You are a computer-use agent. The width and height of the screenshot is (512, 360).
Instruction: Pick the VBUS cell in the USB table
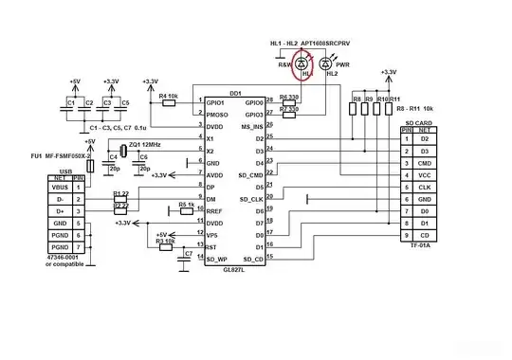click(59, 187)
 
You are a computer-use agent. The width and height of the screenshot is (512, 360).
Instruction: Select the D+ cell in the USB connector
click(59, 210)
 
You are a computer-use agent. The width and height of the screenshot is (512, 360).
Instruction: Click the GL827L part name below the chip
click(231, 270)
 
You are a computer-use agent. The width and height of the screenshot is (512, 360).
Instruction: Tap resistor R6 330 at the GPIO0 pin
click(289, 102)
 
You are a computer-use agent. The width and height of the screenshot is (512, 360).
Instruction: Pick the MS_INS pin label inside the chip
click(252, 126)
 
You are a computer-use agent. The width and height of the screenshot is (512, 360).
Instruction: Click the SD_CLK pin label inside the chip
click(250, 199)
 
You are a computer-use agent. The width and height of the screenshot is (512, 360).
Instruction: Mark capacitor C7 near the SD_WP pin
click(188, 255)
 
